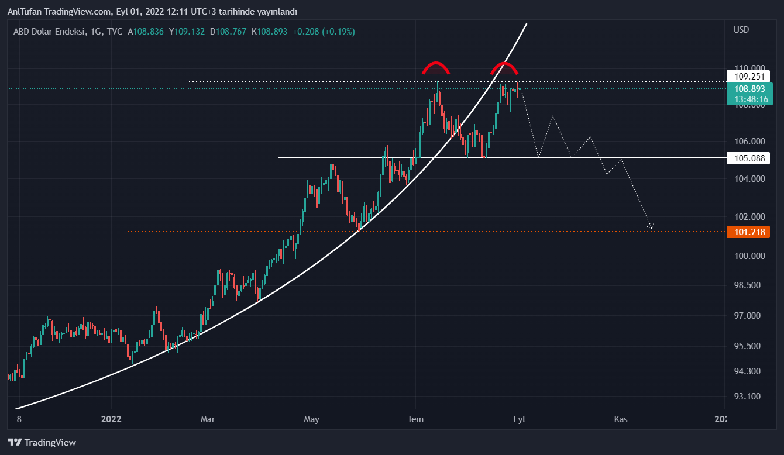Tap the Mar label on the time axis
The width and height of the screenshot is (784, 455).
click(208, 419)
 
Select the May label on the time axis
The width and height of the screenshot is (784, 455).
click(312, 419)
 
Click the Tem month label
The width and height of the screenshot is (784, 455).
click(415, 419)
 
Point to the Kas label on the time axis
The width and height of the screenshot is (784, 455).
click(621, 419)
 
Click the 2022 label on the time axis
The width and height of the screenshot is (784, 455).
click(111, 419)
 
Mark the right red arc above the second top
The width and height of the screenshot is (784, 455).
click(504, 66)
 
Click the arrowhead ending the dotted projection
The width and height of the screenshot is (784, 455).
click(651, 227)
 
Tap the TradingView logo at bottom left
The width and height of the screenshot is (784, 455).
click(42, 443)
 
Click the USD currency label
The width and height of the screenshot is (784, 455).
click(741, 30)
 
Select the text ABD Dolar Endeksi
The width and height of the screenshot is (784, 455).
click(49, 32)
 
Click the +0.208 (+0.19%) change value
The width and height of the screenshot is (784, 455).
click(324, 32)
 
